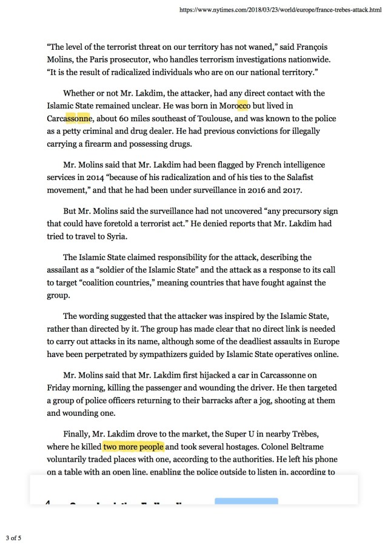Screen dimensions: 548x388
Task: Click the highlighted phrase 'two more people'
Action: pos(133,447)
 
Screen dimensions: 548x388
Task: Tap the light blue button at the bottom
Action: pos(246,503)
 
